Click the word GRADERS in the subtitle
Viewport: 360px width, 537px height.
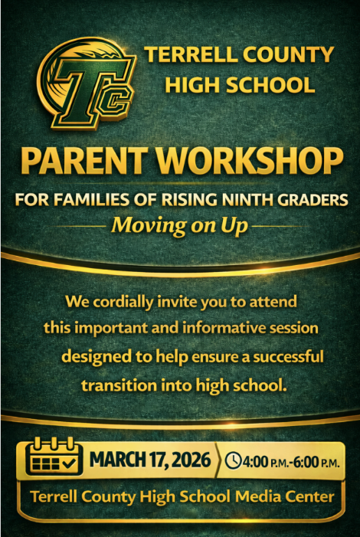point(311,201)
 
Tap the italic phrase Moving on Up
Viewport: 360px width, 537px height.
point(179,226)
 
